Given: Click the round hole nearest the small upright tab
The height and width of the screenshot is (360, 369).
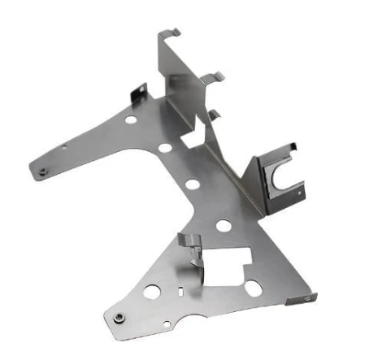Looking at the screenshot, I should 131,119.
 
